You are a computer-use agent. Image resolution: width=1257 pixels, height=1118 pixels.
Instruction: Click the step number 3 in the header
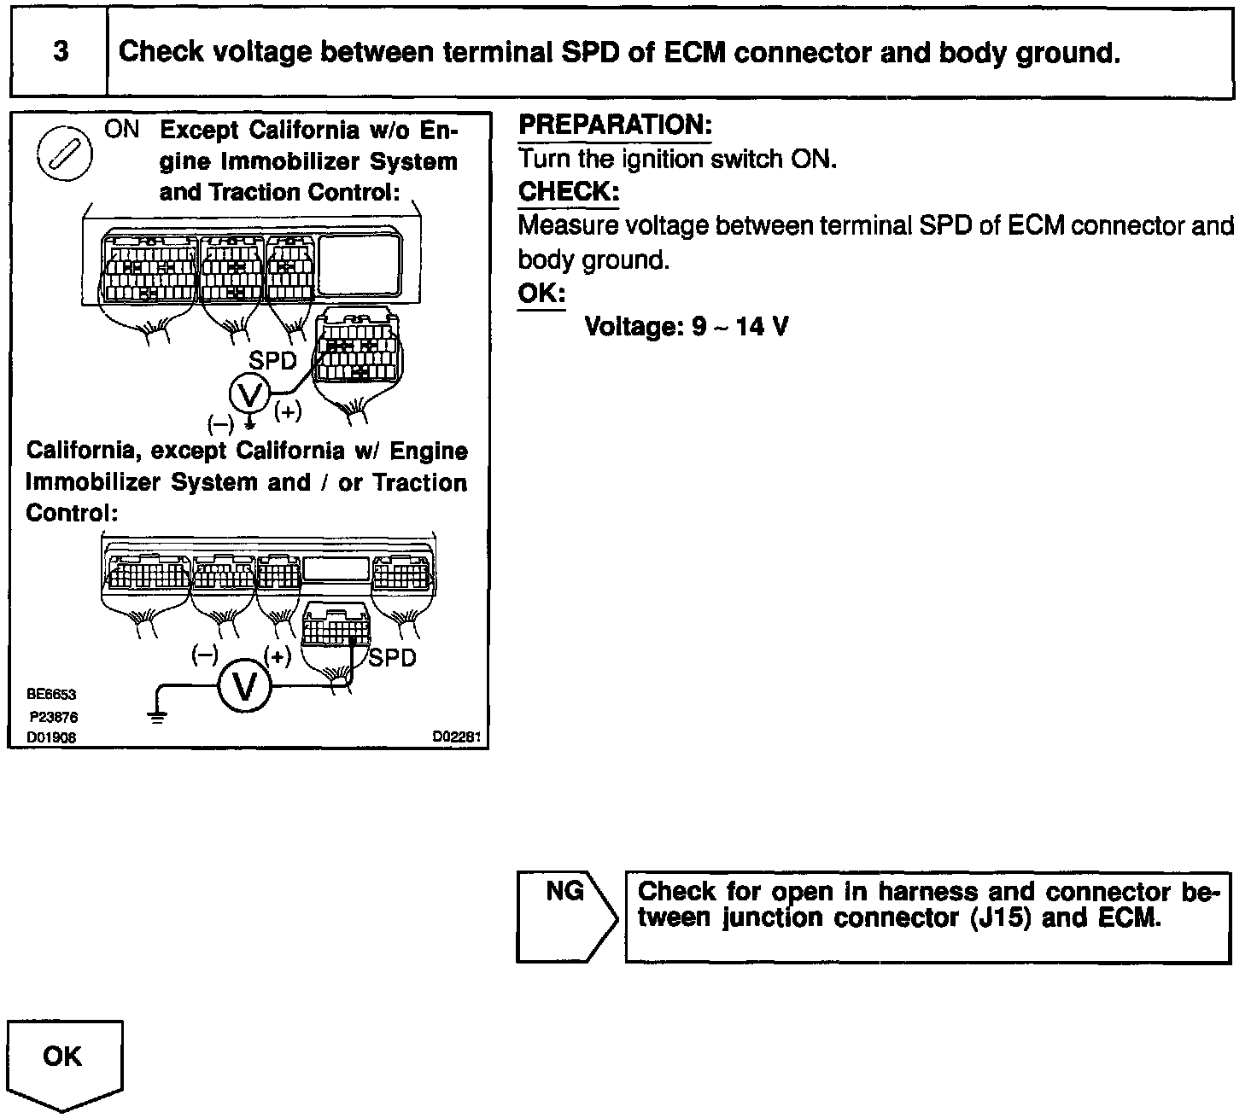click(x=61, y=52)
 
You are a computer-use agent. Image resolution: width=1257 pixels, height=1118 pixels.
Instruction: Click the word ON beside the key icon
click(x=121, y=130)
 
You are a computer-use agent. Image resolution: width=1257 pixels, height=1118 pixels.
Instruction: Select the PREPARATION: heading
click(x=615, y=125)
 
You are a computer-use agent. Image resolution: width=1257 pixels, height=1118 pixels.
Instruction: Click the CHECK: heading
click(x=568, y=192)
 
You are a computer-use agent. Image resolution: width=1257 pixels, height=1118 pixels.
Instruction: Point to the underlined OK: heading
click(x=541, y=294)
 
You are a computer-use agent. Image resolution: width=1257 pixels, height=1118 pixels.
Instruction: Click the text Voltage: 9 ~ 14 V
click(x=686, y=327)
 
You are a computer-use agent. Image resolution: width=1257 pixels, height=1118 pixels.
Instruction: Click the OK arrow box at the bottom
click(x=64, y=1063)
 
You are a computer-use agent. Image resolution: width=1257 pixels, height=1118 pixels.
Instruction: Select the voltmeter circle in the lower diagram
click(x=244, y=686)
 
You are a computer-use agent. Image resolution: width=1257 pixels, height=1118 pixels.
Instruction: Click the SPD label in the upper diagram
click(x=272, y=361)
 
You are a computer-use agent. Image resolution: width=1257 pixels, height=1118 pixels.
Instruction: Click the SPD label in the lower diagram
click(x=393, y=658)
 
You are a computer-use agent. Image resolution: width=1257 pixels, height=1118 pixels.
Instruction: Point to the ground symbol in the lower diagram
click(x=157, y=717)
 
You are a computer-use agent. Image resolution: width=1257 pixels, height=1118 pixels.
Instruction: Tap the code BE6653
click(x=51, y=695)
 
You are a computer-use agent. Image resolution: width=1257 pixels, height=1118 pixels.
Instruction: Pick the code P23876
click(x=53, y=717)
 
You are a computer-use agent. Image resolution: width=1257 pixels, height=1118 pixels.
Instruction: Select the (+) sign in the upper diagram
click(x=288, y=412)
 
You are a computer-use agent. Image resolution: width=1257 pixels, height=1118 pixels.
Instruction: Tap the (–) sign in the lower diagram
click(x=204, y=655)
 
